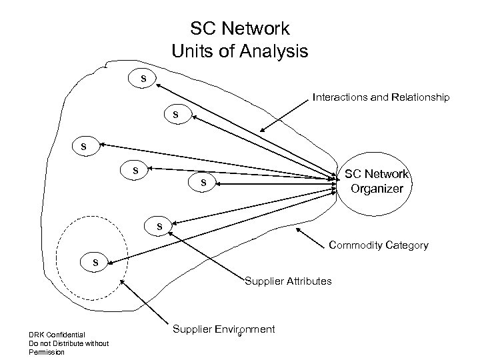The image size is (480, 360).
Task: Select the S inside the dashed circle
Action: (x=95, y=263)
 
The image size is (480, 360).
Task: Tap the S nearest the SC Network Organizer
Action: (x=205, y=183)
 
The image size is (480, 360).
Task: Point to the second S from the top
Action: (x=176, y=115)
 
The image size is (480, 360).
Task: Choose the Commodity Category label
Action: (x=378, y=246)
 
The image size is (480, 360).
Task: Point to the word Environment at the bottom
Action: (x=247, y=329)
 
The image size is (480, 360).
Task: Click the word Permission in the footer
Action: (x=46, y=351)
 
